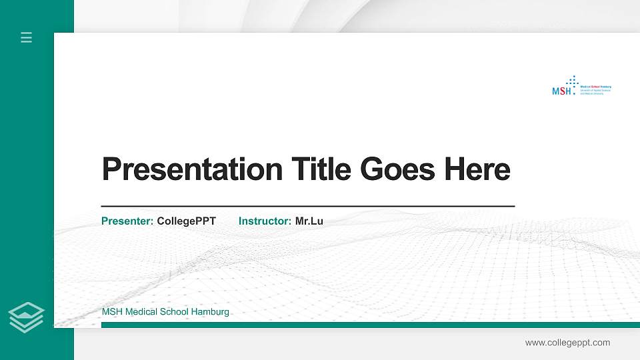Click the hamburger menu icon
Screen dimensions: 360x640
(26, 37)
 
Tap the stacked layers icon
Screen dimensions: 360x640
(26, 317)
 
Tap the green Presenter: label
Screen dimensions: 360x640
(127, 221)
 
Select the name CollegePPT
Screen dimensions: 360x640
(186, 221)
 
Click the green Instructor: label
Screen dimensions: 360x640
(265, 221)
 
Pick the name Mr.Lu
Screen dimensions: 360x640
(309, 221)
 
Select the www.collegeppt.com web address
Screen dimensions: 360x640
(567, 343)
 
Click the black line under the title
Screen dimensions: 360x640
(307, 207)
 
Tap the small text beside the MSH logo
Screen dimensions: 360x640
(595, 91)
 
